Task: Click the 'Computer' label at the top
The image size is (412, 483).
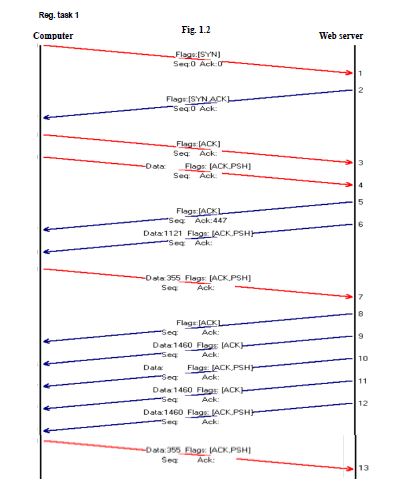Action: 54,36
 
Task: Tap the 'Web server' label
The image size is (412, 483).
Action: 341,35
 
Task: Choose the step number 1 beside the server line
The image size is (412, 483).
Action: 360,74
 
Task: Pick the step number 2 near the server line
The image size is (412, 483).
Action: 360,90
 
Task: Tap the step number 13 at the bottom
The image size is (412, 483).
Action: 364,468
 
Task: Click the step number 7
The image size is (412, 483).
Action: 360,297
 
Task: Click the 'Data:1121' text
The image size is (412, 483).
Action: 162,232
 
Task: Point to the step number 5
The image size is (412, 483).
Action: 360,202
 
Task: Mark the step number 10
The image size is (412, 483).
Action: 363,358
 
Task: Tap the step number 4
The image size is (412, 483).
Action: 360,185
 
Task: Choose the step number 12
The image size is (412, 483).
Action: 363,403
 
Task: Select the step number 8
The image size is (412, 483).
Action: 360,314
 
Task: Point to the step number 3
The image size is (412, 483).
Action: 360,162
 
